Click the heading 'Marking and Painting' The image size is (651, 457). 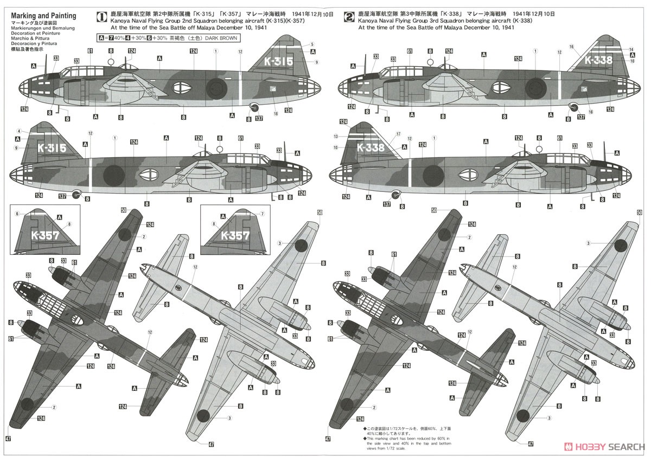pyautogui.click(x=43, y=16)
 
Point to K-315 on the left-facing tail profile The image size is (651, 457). pyautogui.click(x=52, y=147)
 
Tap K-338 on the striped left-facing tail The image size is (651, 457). pyautogui.click(x=371, y=147)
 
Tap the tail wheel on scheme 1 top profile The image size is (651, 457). pyautogui.click(x=253, y=107)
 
